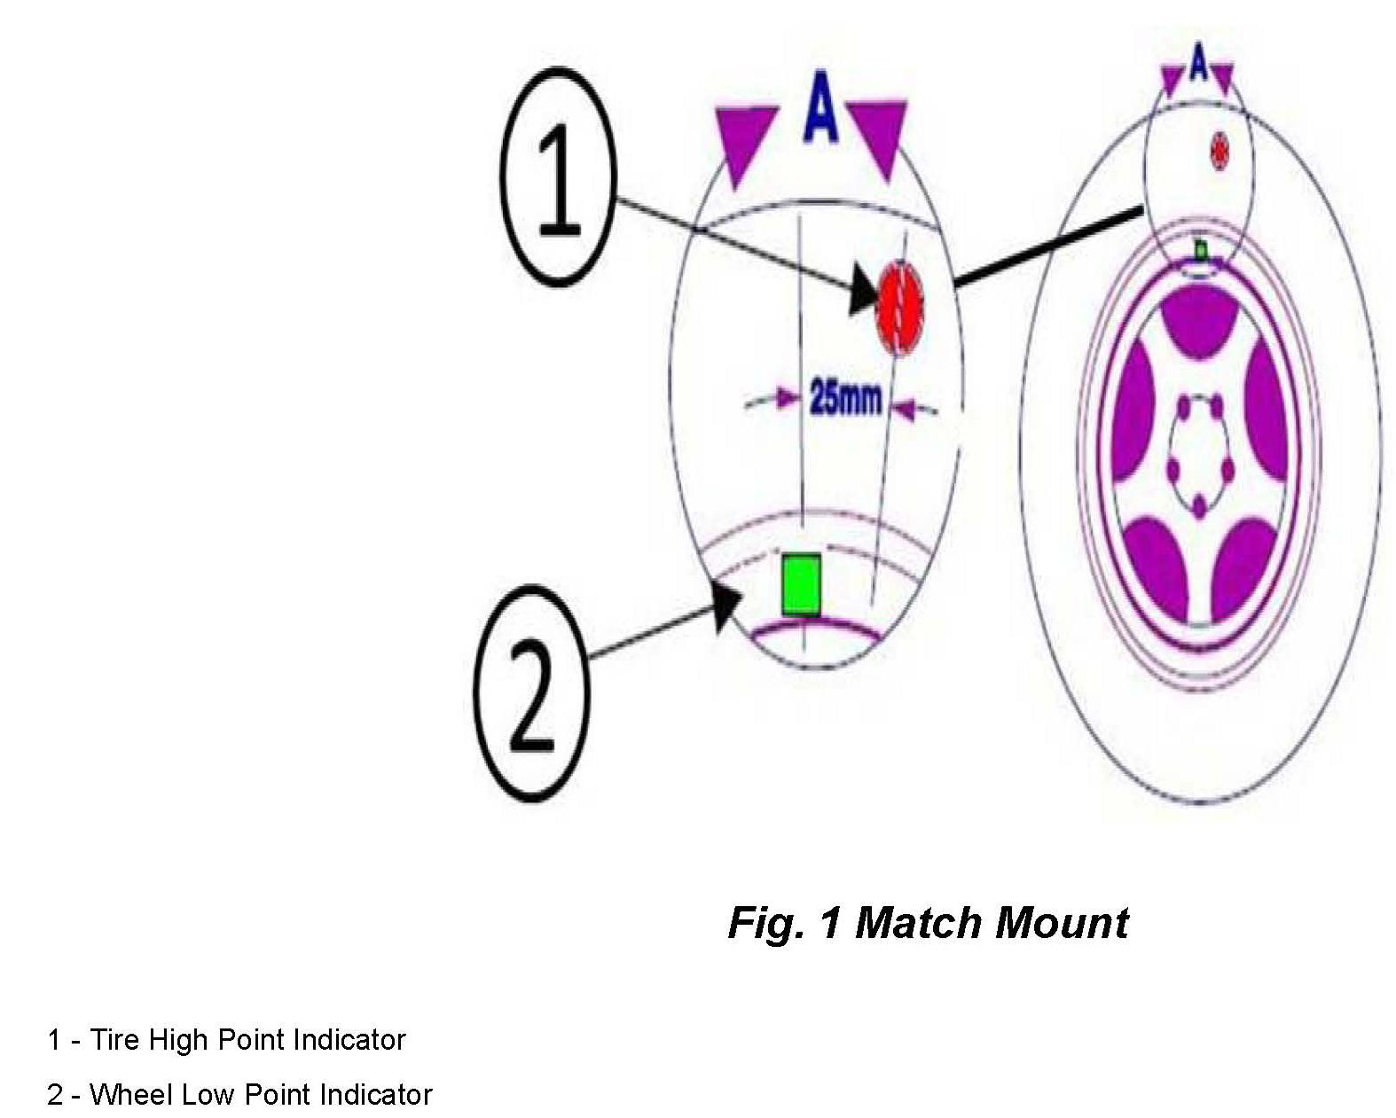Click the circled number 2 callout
pyautogui.click(x=530, y=694)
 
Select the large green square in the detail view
pyautogui.click(x=801, y=583)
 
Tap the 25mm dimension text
pyautogui.click(x=845, y=399)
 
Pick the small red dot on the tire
pyautogui.click(x=1220, y=150)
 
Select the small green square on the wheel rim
pyautogui.click(x=1201, y=251)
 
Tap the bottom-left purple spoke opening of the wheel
pyautogui.click(x=1155, y=563)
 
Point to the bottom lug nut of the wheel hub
pyautogui.click(x=1199, y=508)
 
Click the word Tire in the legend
pyautogui.click(x=115, y=1039)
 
